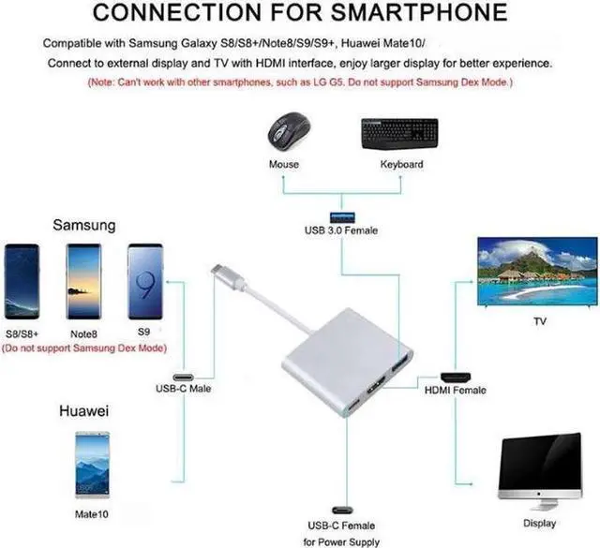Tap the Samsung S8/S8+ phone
click(x=22, y=281)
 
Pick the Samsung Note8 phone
click(x=82, y=281)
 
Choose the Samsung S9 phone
click(x=145, y=281)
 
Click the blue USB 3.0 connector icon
click(x=339, y=215)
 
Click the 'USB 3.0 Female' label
click(x=340, y=230)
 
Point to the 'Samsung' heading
click(x=84, y=225)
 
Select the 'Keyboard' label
click(x=401, y=164)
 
